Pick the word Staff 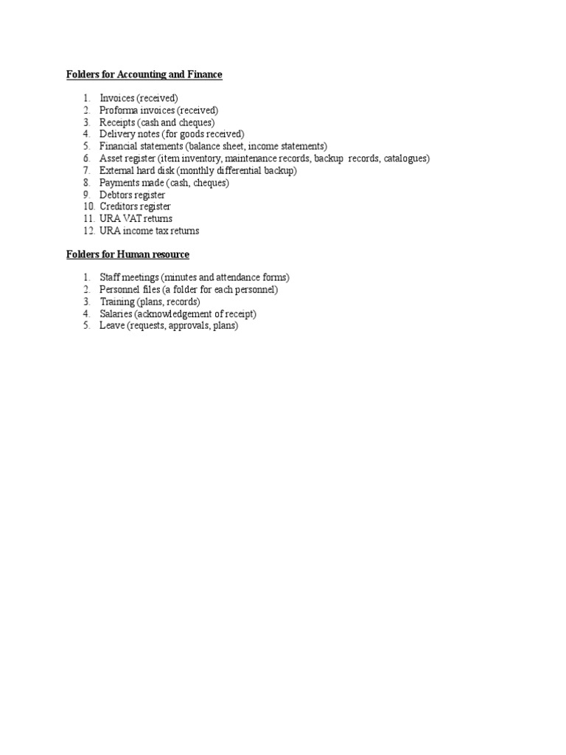tap(109, 277)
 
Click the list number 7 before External tap(85, 170)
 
